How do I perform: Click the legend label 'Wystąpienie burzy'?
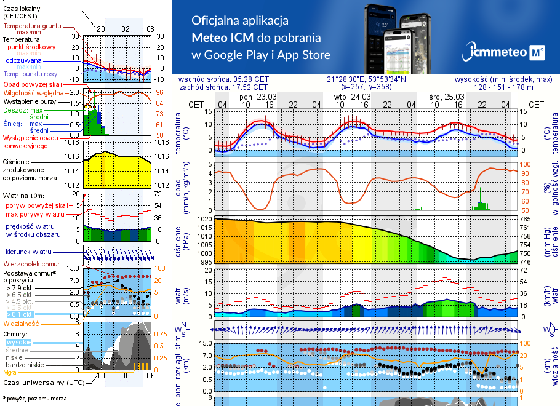pos(30,101)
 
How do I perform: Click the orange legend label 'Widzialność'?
pos(22,323)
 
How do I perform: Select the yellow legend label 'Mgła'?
pos(10,372)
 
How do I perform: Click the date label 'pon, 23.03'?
pos(258,97)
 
